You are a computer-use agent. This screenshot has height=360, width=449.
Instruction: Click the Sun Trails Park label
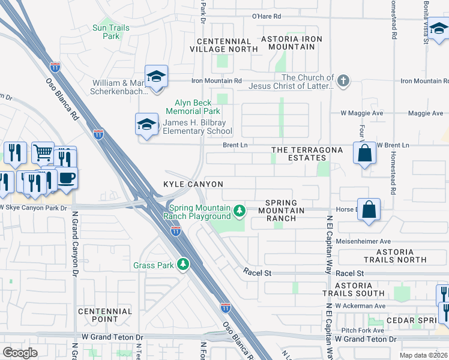point(107,32)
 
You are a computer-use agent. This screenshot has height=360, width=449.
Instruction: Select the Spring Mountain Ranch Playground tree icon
point(240,210)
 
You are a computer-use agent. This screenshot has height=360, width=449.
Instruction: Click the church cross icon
point(343,81)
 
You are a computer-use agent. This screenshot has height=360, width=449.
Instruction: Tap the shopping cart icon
point(43,153)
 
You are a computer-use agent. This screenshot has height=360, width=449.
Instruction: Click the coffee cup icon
point(67,178)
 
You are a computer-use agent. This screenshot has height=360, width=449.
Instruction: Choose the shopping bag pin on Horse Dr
point(369,210)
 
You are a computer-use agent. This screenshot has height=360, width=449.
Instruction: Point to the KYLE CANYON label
point(193,184)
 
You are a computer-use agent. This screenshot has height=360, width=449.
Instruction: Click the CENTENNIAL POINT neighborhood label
point(104,315)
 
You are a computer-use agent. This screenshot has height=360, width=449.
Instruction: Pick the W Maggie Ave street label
point(362,113)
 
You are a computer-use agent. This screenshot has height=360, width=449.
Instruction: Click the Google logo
point(20,353)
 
